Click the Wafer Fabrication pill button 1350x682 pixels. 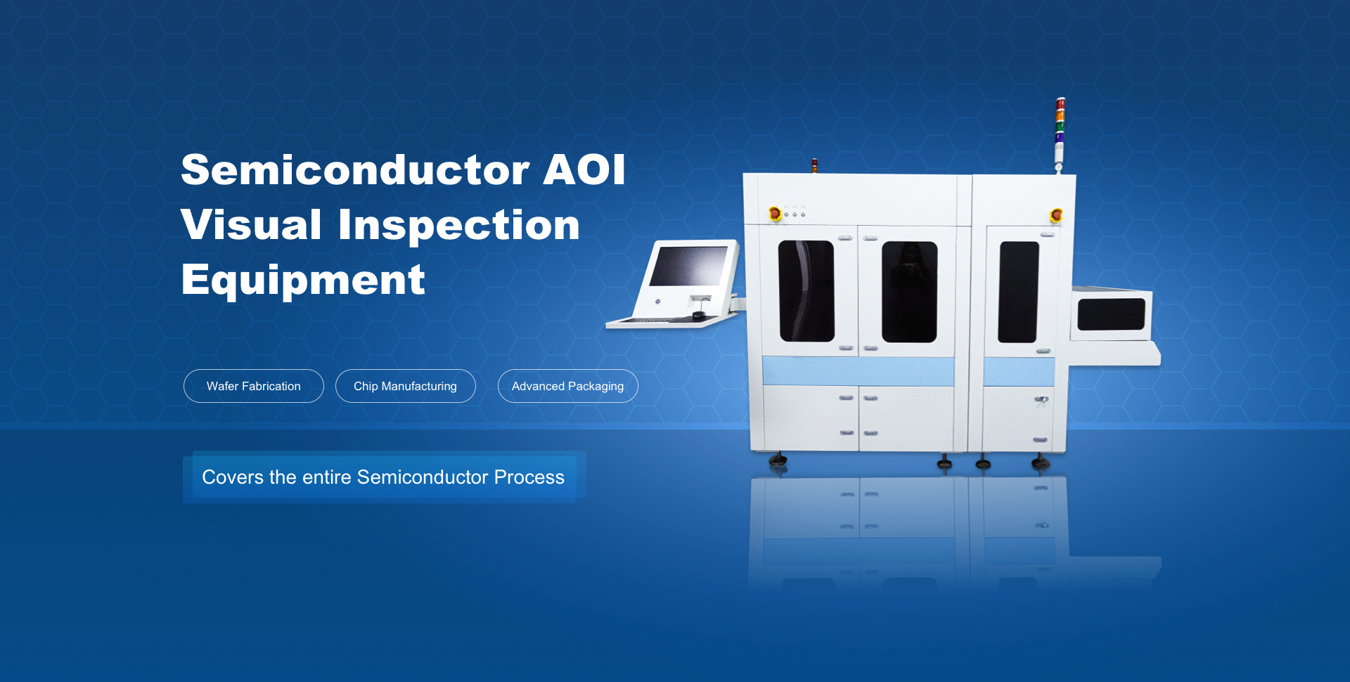click(254, 386)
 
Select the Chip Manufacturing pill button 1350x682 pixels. click(406, 386)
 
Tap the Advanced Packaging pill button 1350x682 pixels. click(568, 386)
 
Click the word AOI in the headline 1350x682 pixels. click(584, 169)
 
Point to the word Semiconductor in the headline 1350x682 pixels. click(355, 169)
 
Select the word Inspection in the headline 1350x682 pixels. click(459, 226)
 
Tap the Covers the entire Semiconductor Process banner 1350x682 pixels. click(384, 477)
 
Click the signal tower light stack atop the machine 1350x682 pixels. click(1060, 134)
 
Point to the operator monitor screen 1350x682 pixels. click(688, 266)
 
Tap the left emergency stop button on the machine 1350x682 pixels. click(775, 213)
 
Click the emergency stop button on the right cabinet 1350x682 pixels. click(1055, 215)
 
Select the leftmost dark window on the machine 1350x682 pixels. click(806, 291)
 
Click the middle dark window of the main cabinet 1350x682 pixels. click(910, 292)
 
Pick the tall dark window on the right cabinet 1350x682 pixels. click(1019, 292)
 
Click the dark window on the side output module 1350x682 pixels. click(1112, 314)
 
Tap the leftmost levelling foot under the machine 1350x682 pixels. click(778, 460)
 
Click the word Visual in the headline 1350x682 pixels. click(251, 225)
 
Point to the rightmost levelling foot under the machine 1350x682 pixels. click(1041, 462)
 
